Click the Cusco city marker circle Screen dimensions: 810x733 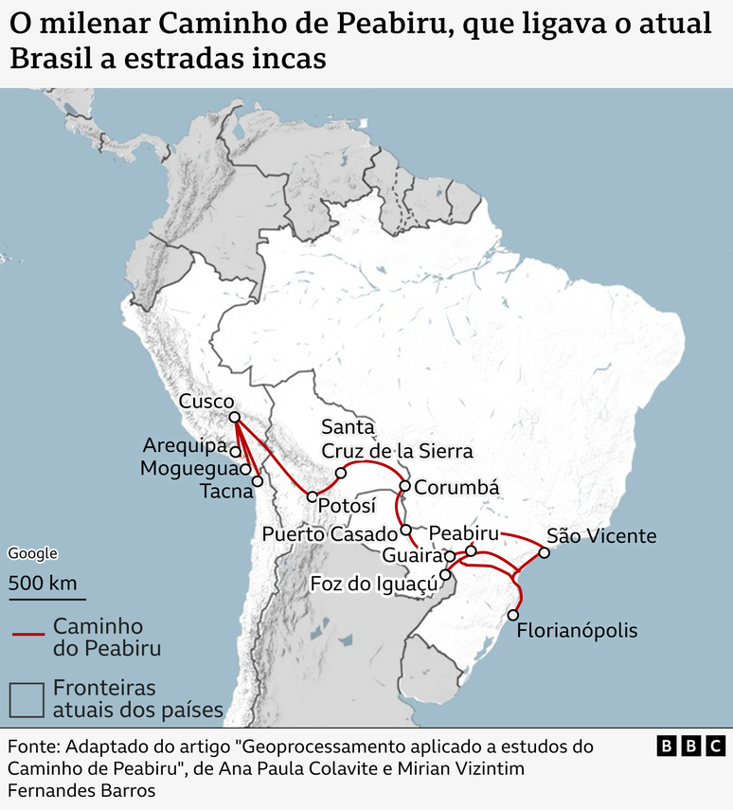pyautogui.click(x=234, y=417)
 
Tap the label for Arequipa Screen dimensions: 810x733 pyautogui.click(x=186, y=445)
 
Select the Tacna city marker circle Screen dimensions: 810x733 pyautogui.click(x=257, y=481)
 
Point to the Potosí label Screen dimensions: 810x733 pyautogui.click(x=347, y=506)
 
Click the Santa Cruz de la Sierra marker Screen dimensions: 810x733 pyautogui.click(x=341, y=472)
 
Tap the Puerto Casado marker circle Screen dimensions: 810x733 pyautogui.click(x=405, y=531)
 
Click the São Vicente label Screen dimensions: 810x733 pyautogui.click(x=601, y=536)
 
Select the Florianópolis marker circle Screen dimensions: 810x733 pyautogui.click(x=513, y=615)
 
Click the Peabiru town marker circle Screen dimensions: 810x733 pyautogui.click(x=471, y=550)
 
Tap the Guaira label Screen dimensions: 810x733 pyautogui.click(x=413, y=555)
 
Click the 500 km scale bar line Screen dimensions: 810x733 pyautogui.click(x=47, y=599)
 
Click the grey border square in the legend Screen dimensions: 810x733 pyautogui.click(x=27, y=699)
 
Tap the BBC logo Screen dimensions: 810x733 pyautogui.click(x=690, y=747)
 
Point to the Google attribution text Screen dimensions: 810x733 pyautogui.click(x=32, y=554)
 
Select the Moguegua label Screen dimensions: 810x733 pyautogui.click(x=188, y=468)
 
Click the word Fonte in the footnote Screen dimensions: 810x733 pyautogui.click(x=33, y=747)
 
